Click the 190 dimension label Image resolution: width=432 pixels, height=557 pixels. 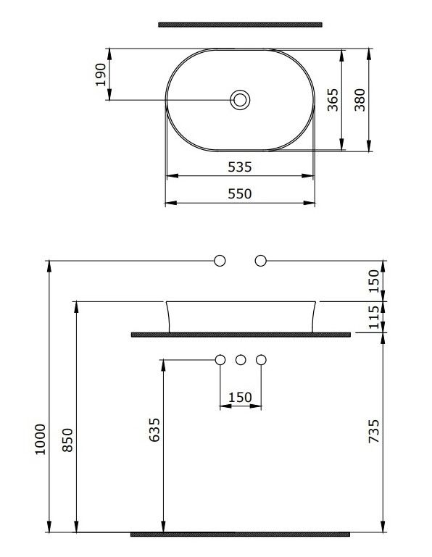[x=101, y=75]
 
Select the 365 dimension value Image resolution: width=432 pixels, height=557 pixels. [x=333, y=100]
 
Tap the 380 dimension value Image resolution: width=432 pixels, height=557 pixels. [x=360, y=100]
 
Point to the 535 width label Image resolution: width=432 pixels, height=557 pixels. [x=240, y=167]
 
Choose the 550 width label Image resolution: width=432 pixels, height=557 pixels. [x=240, y=193]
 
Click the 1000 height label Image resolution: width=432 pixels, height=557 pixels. [x=40, y=439]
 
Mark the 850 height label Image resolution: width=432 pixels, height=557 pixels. [x=67, y=440]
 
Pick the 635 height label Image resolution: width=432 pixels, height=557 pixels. [x=154, y=430]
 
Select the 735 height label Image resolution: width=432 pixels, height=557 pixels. [x=374, y=431]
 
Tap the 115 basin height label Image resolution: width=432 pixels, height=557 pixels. [x=374, y=317]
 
